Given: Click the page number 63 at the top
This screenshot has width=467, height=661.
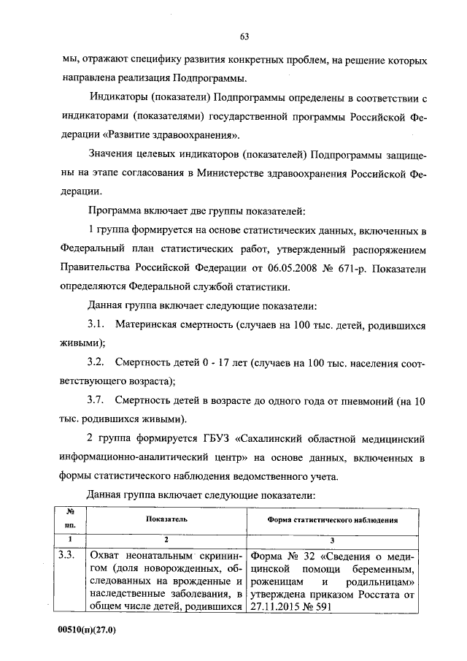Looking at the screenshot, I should click(245, 37).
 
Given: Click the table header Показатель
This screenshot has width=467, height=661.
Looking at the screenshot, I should click(166, 520).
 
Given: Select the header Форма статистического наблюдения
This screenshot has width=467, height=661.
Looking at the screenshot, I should click(332, 520).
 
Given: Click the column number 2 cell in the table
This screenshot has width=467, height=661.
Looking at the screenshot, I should click(166, 539).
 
